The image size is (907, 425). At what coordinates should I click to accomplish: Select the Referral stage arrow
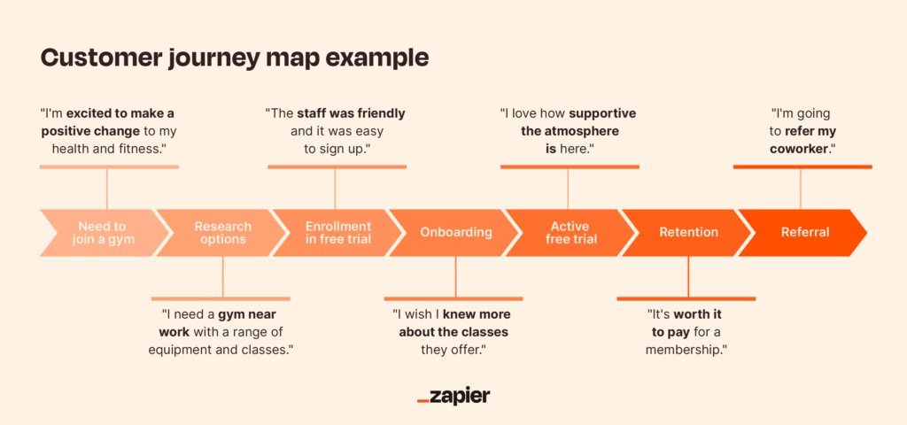pos(805,233)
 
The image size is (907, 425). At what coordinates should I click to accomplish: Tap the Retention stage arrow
pos(688,233)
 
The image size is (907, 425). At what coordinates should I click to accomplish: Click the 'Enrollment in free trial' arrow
pos(338,233)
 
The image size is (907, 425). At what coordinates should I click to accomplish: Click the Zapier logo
pos(453,396)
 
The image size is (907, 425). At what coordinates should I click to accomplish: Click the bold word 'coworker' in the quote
pos(801,149)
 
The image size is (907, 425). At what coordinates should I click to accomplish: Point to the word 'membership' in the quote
pos(685,351)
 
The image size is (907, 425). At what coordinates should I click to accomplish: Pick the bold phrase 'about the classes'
pos(453,333)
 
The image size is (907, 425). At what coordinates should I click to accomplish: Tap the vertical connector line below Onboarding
pos(455,276)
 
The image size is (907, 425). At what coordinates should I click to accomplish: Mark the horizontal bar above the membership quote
pos(686,299)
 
